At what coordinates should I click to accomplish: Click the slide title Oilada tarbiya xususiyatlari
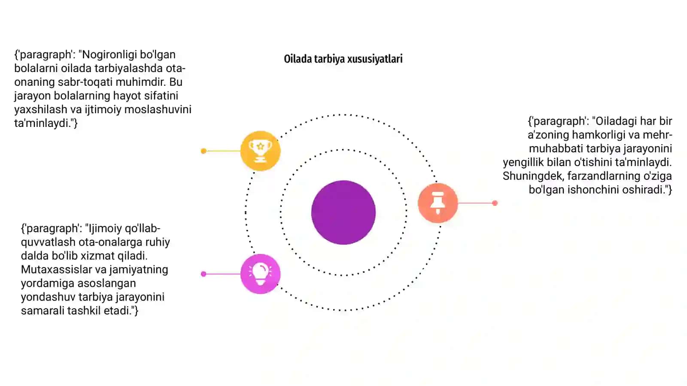point(343,59)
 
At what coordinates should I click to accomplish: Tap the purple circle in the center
point(343,213)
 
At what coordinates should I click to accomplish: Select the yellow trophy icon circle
point(260,151)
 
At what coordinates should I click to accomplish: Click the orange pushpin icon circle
point(438,203)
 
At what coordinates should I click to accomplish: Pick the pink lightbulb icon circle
point(260,274)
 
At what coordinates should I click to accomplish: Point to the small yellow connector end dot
point(204,151)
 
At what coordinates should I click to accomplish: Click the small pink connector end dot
point(204,274)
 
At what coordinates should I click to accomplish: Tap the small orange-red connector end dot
point(495,203)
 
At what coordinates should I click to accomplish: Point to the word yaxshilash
point(41,109)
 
